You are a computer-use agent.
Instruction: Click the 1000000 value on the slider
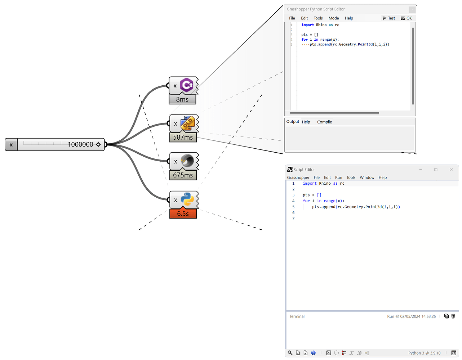(80, 144)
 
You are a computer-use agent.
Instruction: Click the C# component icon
(186, 85)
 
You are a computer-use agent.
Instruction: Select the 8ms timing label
(182, 99)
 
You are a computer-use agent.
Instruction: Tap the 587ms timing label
(183, 137)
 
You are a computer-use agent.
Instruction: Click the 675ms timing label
(183, 175)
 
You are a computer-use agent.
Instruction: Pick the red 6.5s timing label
(183, 213)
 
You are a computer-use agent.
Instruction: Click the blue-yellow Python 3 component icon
(187, 199)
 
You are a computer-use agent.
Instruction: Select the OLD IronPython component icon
(187, 123)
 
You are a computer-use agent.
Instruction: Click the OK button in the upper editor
(407, 18)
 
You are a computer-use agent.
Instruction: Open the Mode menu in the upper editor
(333, 18)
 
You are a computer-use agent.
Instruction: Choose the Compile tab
(324, 122)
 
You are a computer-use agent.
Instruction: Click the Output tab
(293, 122)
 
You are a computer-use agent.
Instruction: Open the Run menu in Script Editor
(338, 177)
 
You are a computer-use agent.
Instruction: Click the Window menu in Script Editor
(367, 177)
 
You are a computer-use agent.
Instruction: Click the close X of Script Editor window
(451, 170)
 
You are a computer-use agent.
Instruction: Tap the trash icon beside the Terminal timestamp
(453, 316)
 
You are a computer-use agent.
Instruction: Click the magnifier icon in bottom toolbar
(290, 353)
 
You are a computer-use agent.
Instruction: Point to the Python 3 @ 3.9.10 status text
(424, 353)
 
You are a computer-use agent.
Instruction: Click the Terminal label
(297, 316)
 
